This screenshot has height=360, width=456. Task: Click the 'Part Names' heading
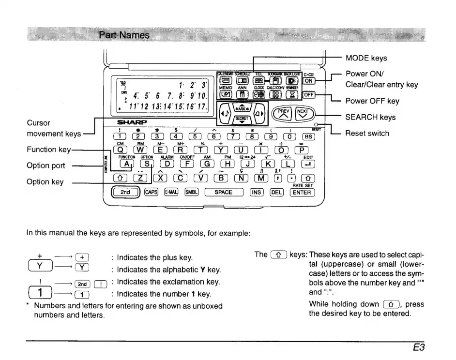coord(124,35)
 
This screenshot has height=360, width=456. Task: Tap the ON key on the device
coord(309,81)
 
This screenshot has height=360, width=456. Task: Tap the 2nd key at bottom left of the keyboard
coord(125,192)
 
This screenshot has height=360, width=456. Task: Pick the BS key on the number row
coord(308,136)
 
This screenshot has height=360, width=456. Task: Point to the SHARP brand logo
coord(131,122)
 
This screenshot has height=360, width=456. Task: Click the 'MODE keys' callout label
coord(366,59)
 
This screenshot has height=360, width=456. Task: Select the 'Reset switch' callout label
coord(367,133)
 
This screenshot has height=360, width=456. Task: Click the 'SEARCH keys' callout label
coord(370,117)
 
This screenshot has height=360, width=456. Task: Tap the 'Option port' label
coord(46,165)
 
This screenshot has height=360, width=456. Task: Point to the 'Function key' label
coord(48,150)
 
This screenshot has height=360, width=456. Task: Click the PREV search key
coord(283,114)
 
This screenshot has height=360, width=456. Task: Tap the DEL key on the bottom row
coord(276,192)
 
